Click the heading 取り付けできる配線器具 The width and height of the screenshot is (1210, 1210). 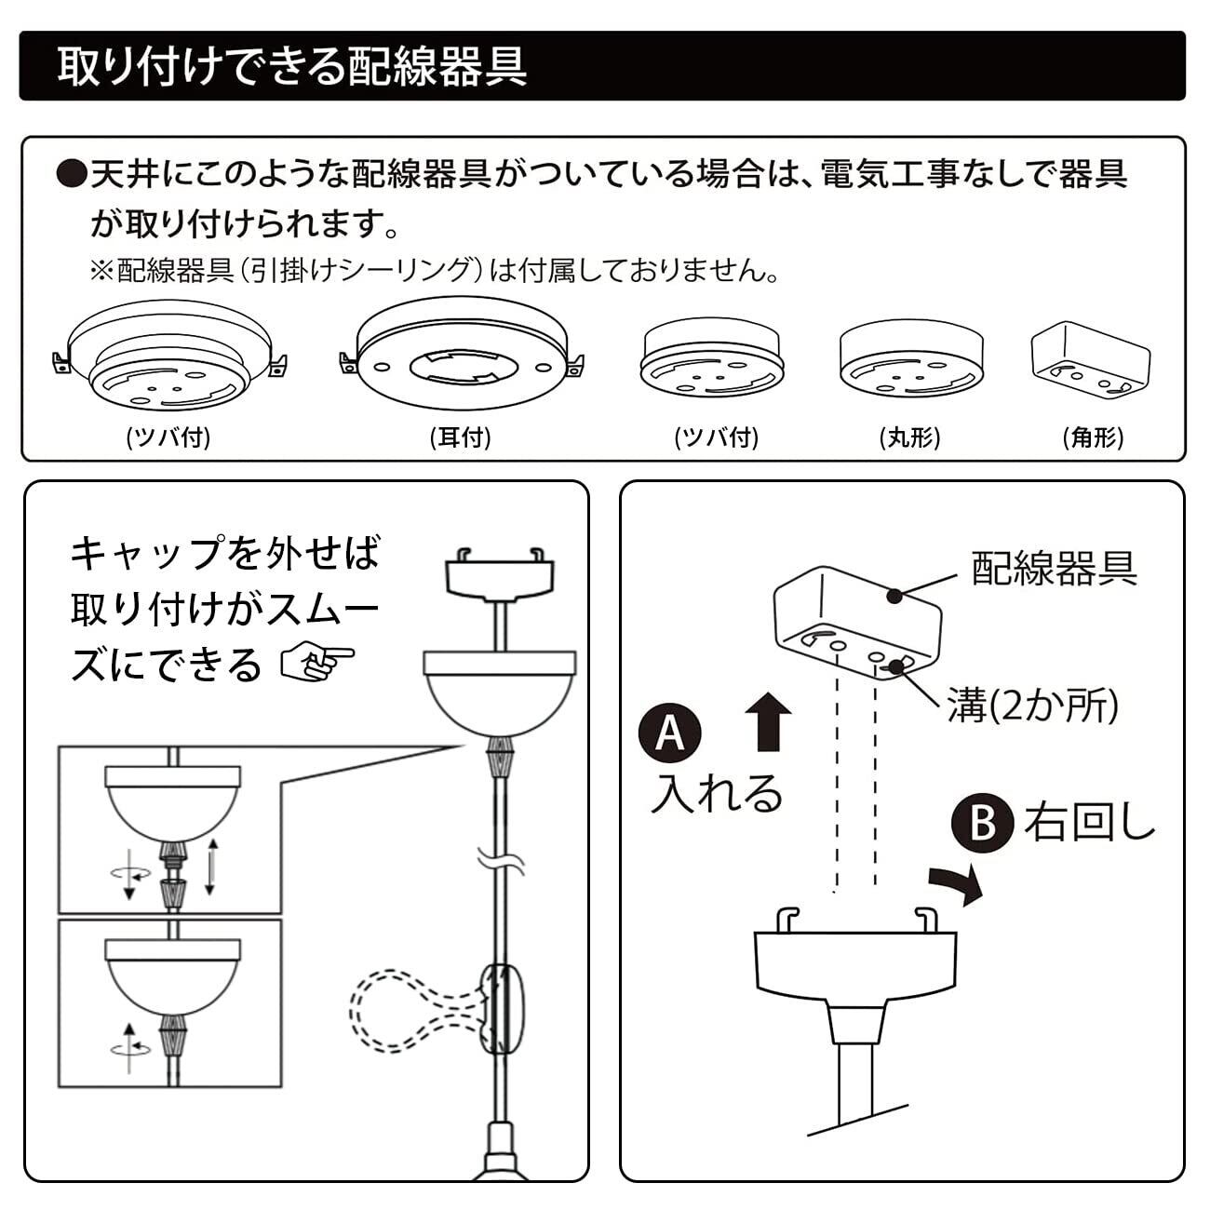[x=291, y=66]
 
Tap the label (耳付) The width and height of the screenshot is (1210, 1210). [x=460, y=437]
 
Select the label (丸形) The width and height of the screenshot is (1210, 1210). [x=910, y=437]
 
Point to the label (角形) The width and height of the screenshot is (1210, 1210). [x=1094, y=437]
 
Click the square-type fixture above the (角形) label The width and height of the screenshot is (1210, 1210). [x=1091, y=360]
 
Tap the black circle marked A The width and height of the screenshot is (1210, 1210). [x=669, y=733]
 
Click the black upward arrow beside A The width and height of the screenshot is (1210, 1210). [x=768, y=722]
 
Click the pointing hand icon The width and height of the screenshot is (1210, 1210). [x=317, y=663]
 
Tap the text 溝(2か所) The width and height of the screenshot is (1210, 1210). [x=1033, y=706]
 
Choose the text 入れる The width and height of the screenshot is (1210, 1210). [x=717, y=794]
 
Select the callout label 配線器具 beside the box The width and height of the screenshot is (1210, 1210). [x=1055, y=569]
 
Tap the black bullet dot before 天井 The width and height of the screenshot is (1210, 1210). [x=71, y=174]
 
